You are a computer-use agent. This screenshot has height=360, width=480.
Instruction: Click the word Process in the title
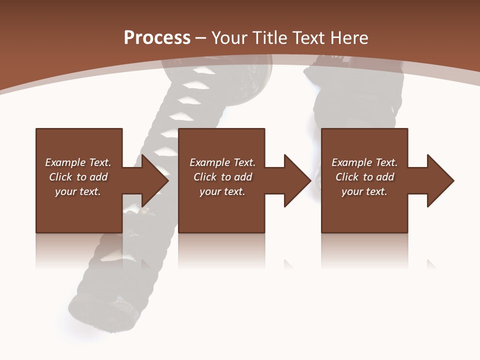(157, 37)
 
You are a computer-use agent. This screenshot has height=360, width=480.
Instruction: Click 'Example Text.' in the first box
(78, 162)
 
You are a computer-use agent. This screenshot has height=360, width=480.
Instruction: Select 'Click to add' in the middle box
(222, 177)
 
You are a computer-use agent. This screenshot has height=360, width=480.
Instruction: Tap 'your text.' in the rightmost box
(364, 191)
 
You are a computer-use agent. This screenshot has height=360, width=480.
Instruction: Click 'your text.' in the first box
(78, 191)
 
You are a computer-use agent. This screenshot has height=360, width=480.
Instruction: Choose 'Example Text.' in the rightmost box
(364, 162)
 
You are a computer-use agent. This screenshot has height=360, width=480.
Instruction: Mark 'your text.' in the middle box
(222, 191)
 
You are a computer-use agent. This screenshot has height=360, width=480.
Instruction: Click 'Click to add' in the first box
(78, 177)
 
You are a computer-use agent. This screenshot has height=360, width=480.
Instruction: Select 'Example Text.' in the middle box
(222, 162)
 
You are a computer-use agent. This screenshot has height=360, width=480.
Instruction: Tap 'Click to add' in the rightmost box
(364, 177)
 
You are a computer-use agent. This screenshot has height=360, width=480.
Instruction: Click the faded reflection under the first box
(78, 250)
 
